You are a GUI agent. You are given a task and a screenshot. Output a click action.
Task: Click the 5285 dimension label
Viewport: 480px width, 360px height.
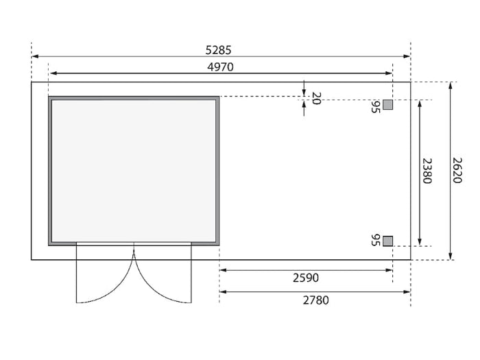point(218,50)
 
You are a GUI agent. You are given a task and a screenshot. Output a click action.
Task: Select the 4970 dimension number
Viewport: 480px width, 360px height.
point(220,67)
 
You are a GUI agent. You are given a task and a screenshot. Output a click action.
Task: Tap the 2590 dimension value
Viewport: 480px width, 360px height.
point(306,278)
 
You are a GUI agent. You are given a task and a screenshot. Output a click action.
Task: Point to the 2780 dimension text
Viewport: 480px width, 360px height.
point(316,300)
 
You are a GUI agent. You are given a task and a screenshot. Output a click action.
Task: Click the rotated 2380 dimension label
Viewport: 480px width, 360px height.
point(427,171)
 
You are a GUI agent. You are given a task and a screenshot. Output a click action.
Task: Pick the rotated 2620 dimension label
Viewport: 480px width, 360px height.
point(457,170)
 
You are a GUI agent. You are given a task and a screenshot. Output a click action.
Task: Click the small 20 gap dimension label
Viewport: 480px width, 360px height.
point(316,98)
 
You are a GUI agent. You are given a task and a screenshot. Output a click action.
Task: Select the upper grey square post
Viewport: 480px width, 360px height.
point(388,105)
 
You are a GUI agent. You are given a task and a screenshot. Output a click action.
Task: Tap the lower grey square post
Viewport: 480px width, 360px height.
point(388,241)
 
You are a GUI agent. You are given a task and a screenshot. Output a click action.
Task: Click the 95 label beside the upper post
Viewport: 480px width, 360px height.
point(376,106)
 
